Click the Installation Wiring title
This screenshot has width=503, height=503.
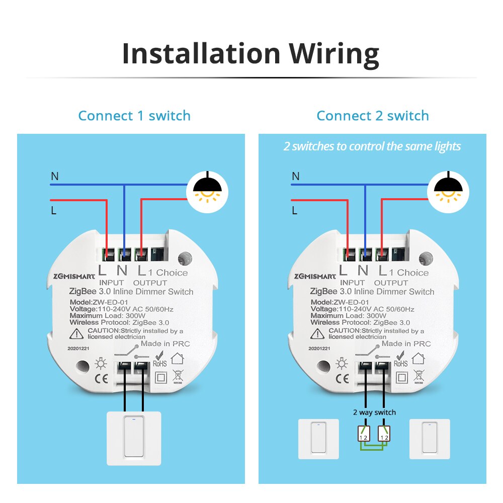tap(250, 54)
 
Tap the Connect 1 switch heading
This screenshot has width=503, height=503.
tap(134, 116)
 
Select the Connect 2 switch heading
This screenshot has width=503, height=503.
tap(372, 116)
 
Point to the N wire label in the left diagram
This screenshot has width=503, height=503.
tap(54, 176)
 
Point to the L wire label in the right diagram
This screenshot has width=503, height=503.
tap(295, 211)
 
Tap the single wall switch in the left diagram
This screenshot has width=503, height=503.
tap(134, 438)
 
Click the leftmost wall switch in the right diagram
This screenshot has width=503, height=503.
tap(318, 439)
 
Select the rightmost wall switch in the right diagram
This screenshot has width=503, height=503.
tap(429, 439)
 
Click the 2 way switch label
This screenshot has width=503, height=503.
tap(374, 412)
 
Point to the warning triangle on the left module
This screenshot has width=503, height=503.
tap(77, 333)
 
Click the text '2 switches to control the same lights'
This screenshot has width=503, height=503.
tap(372, 146)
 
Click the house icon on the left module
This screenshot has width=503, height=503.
tap(177, 359)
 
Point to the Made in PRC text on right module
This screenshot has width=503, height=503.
tap(406, 344)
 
